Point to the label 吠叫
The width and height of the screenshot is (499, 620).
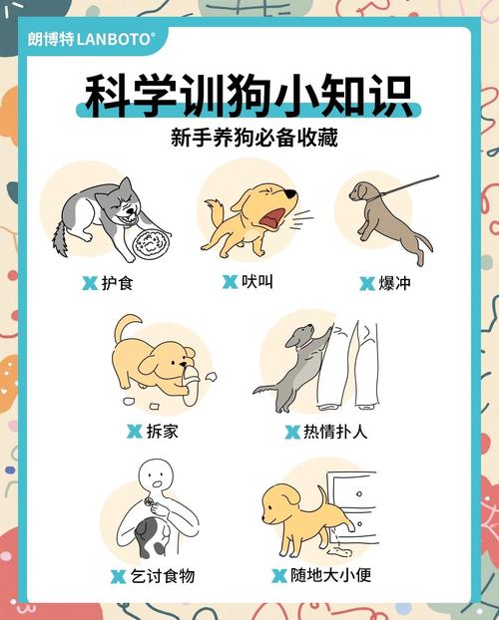255,282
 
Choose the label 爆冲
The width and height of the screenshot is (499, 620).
393,283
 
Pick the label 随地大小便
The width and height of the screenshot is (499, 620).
330,575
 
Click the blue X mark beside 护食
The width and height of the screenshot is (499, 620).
89,284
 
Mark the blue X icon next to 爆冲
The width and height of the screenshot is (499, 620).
366,284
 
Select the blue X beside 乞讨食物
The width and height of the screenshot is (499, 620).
118,576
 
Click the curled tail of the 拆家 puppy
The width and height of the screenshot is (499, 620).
127,328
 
